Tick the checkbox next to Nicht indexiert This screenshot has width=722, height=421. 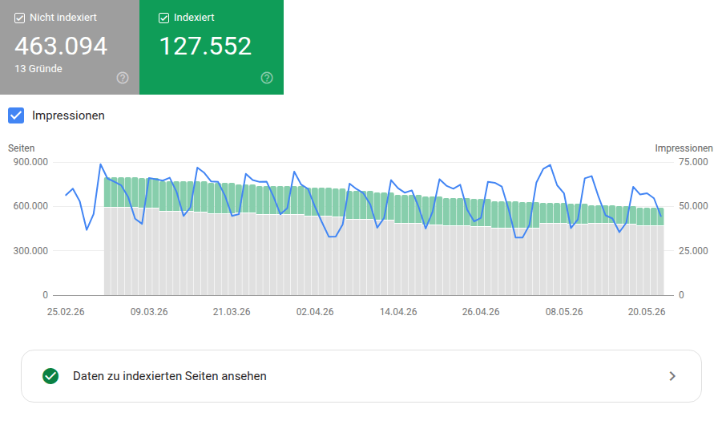coord(19,18)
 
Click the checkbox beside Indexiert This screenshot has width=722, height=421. coord(163,18)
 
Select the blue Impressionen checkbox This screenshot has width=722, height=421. coord(16,115)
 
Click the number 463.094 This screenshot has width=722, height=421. coord(61,46)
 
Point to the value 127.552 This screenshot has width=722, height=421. coord(205,46)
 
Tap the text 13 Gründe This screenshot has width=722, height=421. coord(38,69)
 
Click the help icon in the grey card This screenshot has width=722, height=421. coord(123,78)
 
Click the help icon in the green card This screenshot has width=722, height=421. coord(267,78)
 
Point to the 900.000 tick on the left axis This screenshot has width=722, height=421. coord(30,162)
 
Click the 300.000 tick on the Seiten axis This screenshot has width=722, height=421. coord(30,250)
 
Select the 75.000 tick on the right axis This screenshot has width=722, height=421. coord(693,162)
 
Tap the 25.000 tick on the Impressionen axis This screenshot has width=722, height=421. coord(693,250)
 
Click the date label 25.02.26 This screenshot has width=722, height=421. coord(66,312)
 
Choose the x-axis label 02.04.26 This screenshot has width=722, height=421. coord(315,312)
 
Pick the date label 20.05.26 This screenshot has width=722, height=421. coord(647,312)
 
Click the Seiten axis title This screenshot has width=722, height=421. coord(21,148)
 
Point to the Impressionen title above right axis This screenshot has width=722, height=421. coord(684,148)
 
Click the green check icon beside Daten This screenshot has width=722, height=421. coord(50,376)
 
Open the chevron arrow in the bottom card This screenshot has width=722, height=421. coord(672,376)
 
